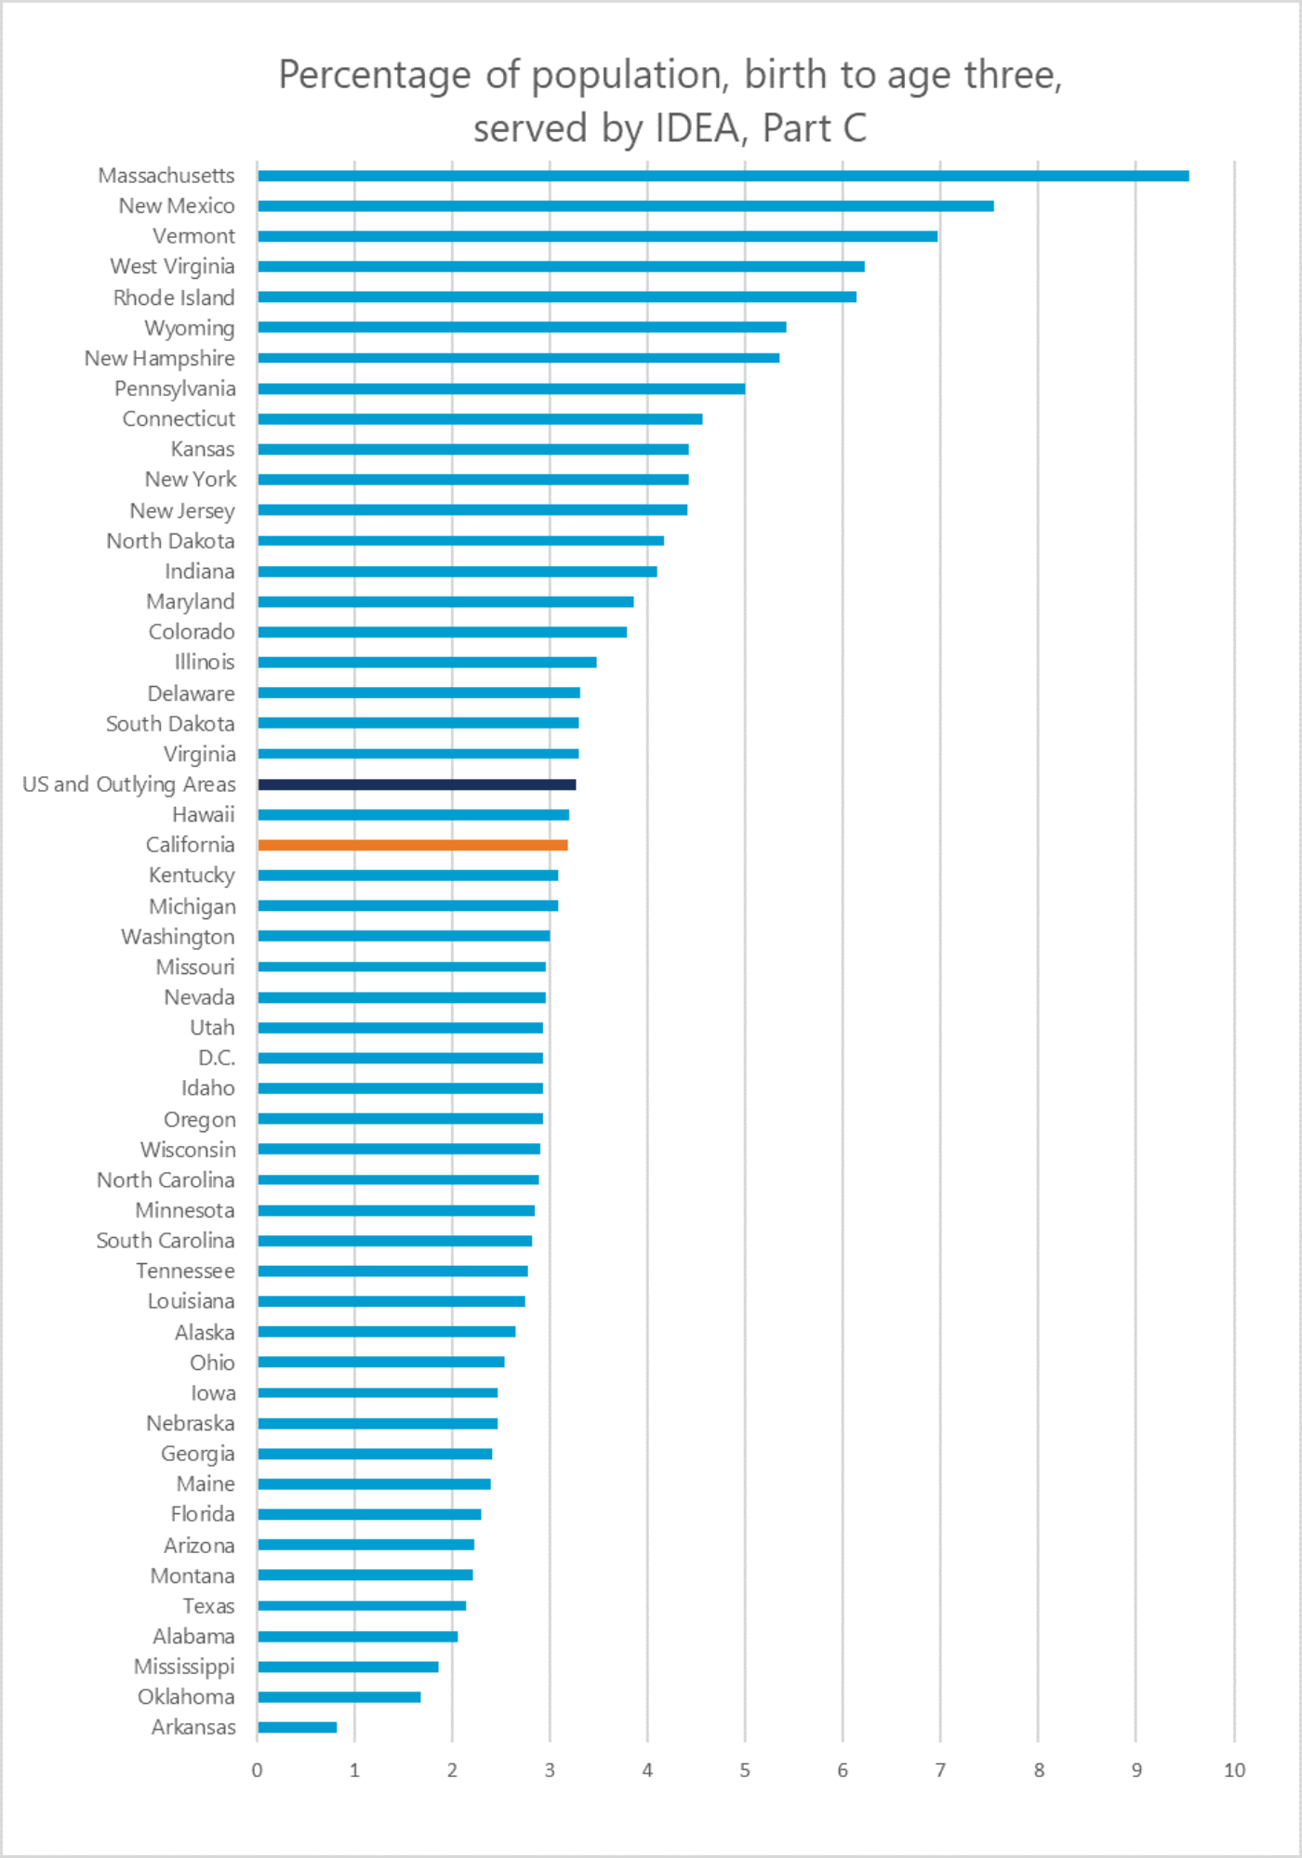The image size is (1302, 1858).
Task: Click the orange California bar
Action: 412,845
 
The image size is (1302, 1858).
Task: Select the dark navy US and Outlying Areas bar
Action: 417,784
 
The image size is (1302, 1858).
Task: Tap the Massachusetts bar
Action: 723,176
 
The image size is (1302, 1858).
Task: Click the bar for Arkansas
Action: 298,1727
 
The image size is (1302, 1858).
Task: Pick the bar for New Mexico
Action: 625,205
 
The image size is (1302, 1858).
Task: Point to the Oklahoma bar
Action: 339,1697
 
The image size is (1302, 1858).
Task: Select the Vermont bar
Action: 597,236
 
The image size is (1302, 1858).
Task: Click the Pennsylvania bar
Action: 501,389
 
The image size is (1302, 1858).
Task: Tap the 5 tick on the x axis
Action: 745,1771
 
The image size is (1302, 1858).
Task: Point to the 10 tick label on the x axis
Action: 1234,1771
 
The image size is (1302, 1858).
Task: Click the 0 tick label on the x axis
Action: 258,1771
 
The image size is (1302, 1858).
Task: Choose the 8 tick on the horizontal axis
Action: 1039,1771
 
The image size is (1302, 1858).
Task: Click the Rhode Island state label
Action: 174,297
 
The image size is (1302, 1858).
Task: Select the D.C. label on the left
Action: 217,1058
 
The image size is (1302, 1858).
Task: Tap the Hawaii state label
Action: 204,815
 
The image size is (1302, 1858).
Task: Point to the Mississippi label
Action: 184,1667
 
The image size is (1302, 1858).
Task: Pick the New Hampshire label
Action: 160,359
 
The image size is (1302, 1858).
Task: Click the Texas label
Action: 209,1606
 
